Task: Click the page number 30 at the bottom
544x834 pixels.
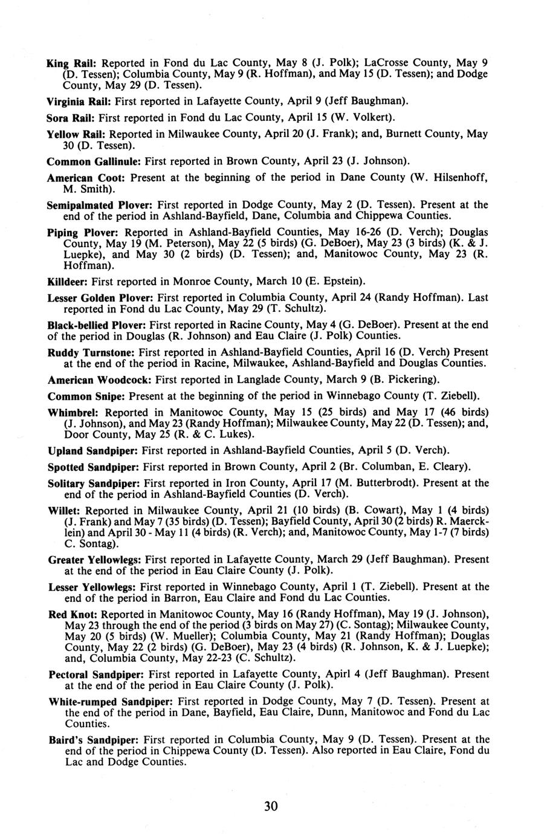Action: [271, 806]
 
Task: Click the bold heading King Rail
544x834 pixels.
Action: [72, 63]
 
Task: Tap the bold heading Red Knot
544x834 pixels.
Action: [68, 614]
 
